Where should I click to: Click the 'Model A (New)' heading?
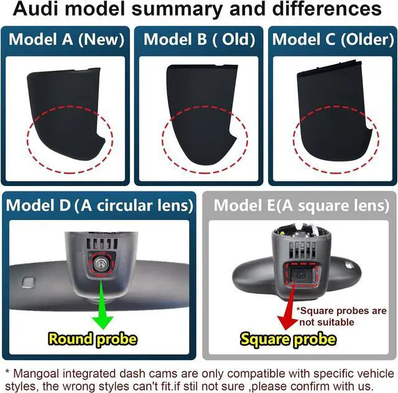67,39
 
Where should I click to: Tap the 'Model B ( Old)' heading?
199,39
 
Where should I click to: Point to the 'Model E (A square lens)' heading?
302,206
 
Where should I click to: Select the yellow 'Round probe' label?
93,339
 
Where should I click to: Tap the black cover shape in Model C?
332,112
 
